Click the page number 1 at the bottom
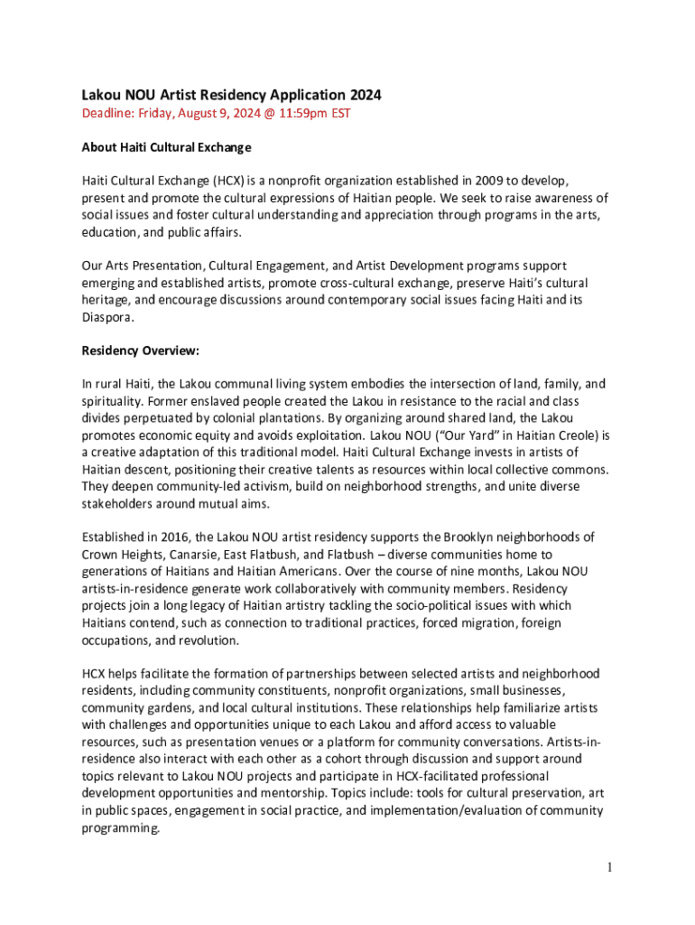coord(611,868)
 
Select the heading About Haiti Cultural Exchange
coord(166,147)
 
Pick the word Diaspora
coord(108,317)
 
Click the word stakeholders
coord(118,503)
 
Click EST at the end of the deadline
coord(339,114)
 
